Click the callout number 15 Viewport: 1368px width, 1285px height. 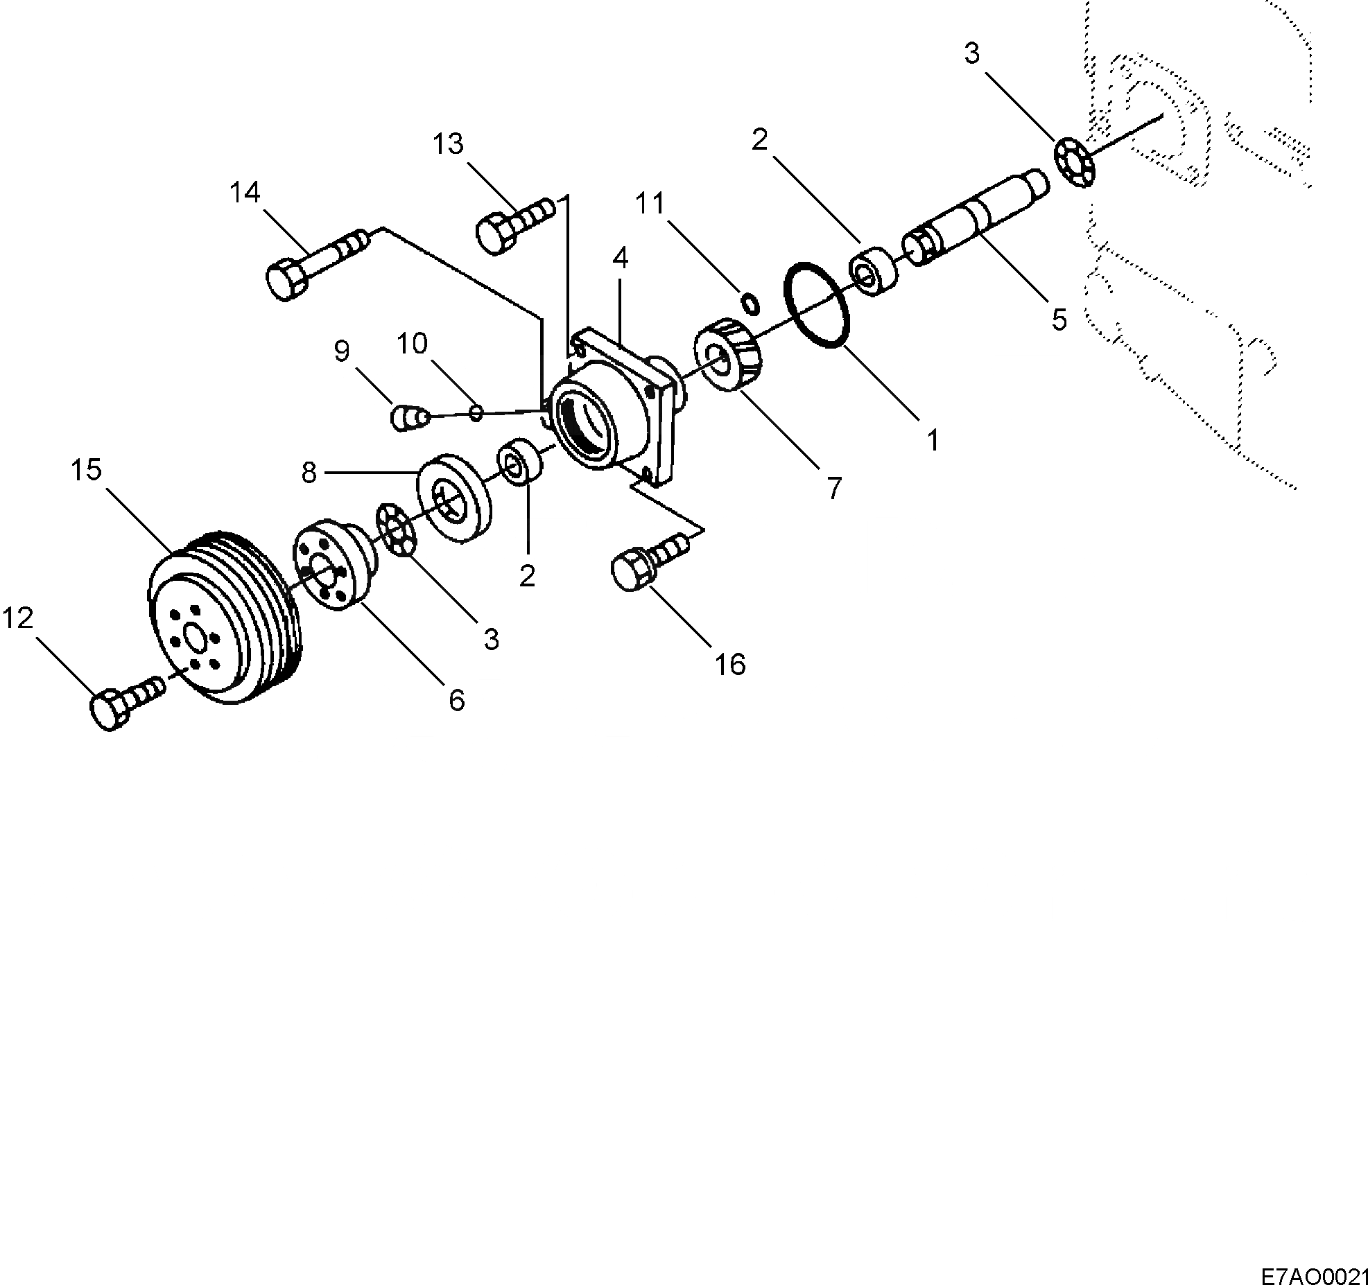pos(86,471)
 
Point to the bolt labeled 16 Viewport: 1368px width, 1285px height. pos(648,563)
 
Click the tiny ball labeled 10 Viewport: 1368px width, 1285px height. pos(476,413)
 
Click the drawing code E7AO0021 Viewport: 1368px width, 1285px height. pos(1313,1273)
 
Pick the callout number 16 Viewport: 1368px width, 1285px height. pos(729,665)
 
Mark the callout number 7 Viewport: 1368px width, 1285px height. pos(833,489)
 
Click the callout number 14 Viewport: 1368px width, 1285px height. pos(245,193)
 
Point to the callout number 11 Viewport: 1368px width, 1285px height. pos(650,204)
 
